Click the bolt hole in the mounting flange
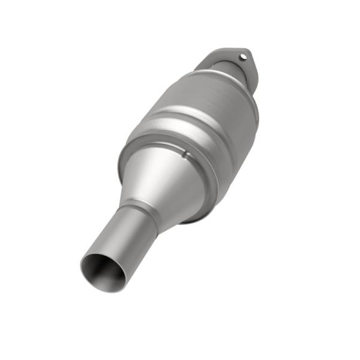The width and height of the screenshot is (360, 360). tap(242, 58)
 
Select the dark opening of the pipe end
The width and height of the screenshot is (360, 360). tap(103, 271)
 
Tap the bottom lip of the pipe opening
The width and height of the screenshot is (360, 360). tap(111, 289)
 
